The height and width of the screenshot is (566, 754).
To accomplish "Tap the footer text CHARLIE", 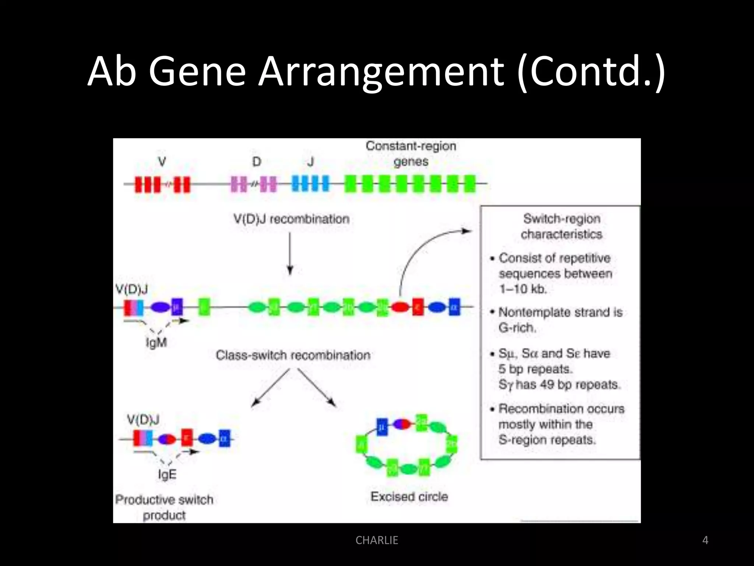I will (x=377, y=540).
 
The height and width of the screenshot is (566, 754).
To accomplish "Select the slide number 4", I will (x=705, y=540).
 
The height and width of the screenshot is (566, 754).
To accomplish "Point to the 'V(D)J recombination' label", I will (x=291, y=219).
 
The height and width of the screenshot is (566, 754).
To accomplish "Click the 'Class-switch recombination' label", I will (x=293, y=355).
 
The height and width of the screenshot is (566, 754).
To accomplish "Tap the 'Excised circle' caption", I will (x=409, y=497).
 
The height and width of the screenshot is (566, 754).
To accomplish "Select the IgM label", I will (x=156, y=343).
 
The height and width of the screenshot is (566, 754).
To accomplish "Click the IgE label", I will (x=167, y=474).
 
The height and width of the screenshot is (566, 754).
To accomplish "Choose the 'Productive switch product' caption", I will (x=164, y=507).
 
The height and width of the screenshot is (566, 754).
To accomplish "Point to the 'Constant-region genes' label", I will (x=411, y=154).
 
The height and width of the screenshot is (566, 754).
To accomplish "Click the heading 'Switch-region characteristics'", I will (x=561, y=226).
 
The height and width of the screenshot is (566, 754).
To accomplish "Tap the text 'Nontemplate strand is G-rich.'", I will (x=560, y=320).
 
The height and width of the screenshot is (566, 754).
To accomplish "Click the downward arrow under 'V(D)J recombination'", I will (x=290, y=254).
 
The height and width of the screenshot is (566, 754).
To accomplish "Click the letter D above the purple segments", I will (x=257, y=162).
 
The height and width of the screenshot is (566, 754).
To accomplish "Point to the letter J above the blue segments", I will (x=311, y=162).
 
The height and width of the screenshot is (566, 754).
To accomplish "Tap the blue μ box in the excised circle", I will (x=382, y=427).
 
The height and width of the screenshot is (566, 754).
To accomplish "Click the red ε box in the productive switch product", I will (x=187, y=438).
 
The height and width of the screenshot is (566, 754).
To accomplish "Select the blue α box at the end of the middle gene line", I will (x=454, y=307).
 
